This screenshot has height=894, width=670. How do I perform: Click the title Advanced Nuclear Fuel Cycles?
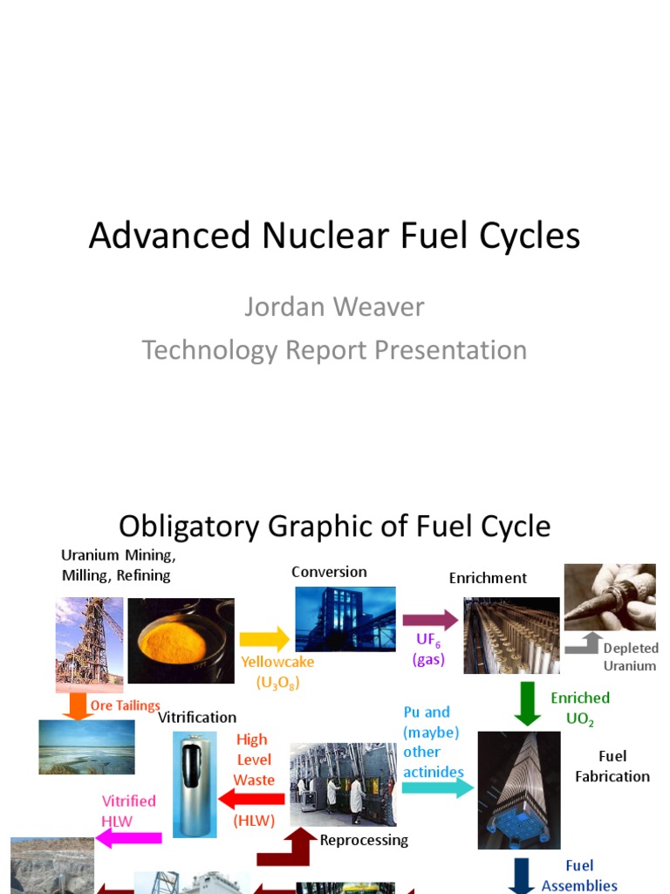(334, 237)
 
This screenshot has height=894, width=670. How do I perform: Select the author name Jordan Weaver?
(334, 307)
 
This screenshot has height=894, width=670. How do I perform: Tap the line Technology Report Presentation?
(334, 350)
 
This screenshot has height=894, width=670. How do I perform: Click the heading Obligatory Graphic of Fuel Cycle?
(334, 526)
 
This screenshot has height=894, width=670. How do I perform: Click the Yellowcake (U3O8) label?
(277, 672)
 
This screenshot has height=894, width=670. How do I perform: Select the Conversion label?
(329, 572)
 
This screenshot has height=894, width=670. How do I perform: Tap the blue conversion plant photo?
(345, 618)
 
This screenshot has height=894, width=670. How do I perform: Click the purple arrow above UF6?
(430, 620)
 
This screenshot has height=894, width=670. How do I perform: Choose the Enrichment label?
(488, 578)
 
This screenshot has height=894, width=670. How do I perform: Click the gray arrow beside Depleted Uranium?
(582, 644)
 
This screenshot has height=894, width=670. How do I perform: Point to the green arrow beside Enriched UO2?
(527, 704)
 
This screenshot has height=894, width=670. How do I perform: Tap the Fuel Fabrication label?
(612, 766)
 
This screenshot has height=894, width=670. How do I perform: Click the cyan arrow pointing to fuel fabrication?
(437, 788)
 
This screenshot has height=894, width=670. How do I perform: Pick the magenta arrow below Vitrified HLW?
(128, 838)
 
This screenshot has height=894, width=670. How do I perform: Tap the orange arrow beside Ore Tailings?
(79, 705)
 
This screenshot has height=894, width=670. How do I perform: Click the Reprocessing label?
(364, 840)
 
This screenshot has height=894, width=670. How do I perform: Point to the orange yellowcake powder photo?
(181, 640)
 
